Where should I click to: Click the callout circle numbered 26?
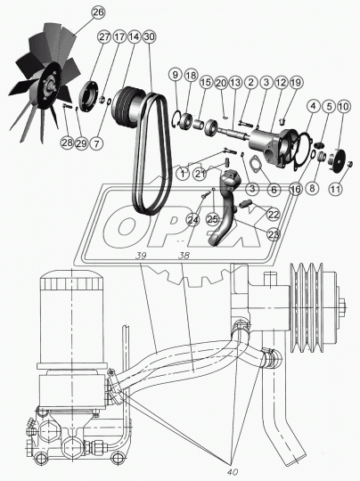click(x=99, y=12)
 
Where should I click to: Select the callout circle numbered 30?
click(x=149, y=37)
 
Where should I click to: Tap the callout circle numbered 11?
click(x=335, y=188)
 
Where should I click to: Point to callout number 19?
click(x=297, y=82)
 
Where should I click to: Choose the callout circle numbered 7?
click(x=96, y=143)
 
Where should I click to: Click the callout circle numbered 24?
click(x=193, y=220)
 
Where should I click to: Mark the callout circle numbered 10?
click(x=343, y=107)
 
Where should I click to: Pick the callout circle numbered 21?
click(x=200, y=174)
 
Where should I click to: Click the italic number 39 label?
click(x=142, y=256)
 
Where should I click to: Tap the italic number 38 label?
click(x=184, y=256)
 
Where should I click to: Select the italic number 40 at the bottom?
click(x=233, y=472)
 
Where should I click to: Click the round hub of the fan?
click(x=49, y=86)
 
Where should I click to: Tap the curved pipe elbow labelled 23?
click(x=225, y=208)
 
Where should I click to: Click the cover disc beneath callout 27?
click(x=89, y=95)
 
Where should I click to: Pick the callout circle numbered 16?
click(x=295, y=189)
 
